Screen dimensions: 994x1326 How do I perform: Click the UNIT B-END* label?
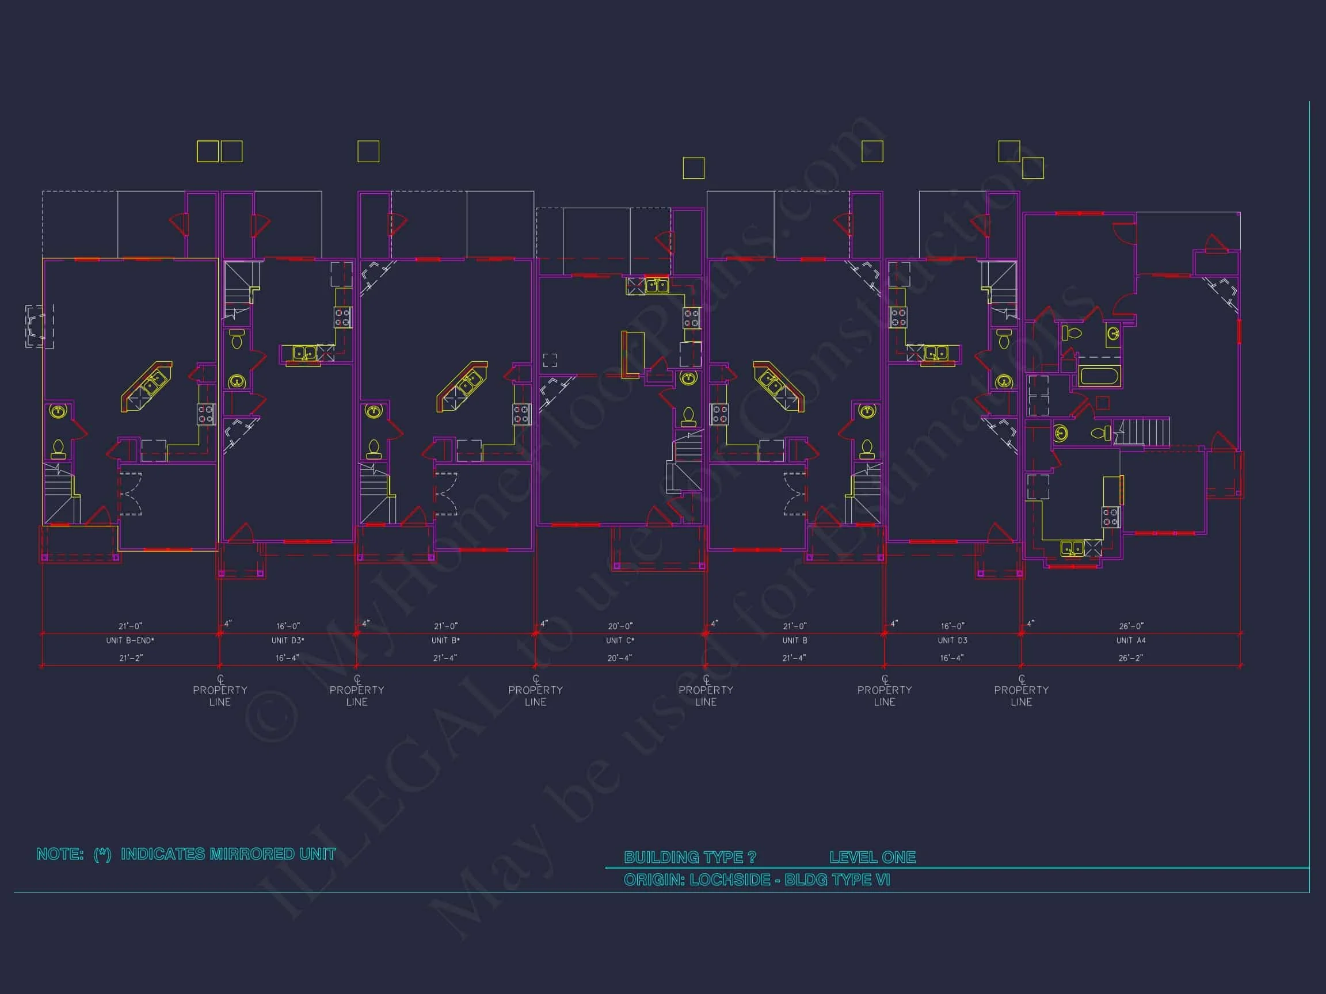[130, 640]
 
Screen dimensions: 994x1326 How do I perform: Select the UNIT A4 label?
[1130, 640]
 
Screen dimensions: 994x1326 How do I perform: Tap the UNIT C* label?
[620, 640]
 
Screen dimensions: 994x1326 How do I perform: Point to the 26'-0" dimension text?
[1130, 626]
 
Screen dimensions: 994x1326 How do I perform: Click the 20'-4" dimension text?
[620, 658]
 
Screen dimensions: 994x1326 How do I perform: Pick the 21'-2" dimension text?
[130, 658]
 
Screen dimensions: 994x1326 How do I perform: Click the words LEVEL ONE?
[872, 858]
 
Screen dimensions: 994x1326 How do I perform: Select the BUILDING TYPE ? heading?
[689, 858]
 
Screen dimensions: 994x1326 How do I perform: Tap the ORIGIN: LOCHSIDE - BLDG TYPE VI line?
[756, 880]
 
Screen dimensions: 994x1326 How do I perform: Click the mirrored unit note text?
[186, 854]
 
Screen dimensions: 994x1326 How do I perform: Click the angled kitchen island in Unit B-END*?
[147, 387]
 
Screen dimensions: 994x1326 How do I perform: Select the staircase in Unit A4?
[1145, 431]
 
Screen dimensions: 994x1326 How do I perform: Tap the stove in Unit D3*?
[342, 317]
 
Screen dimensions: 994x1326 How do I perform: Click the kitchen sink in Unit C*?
[657, 285]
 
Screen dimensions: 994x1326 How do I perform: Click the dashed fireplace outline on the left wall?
[39, 327]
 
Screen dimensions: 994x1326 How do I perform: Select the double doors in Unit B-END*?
[131, 494]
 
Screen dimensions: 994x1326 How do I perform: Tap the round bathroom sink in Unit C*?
[688, 378]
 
